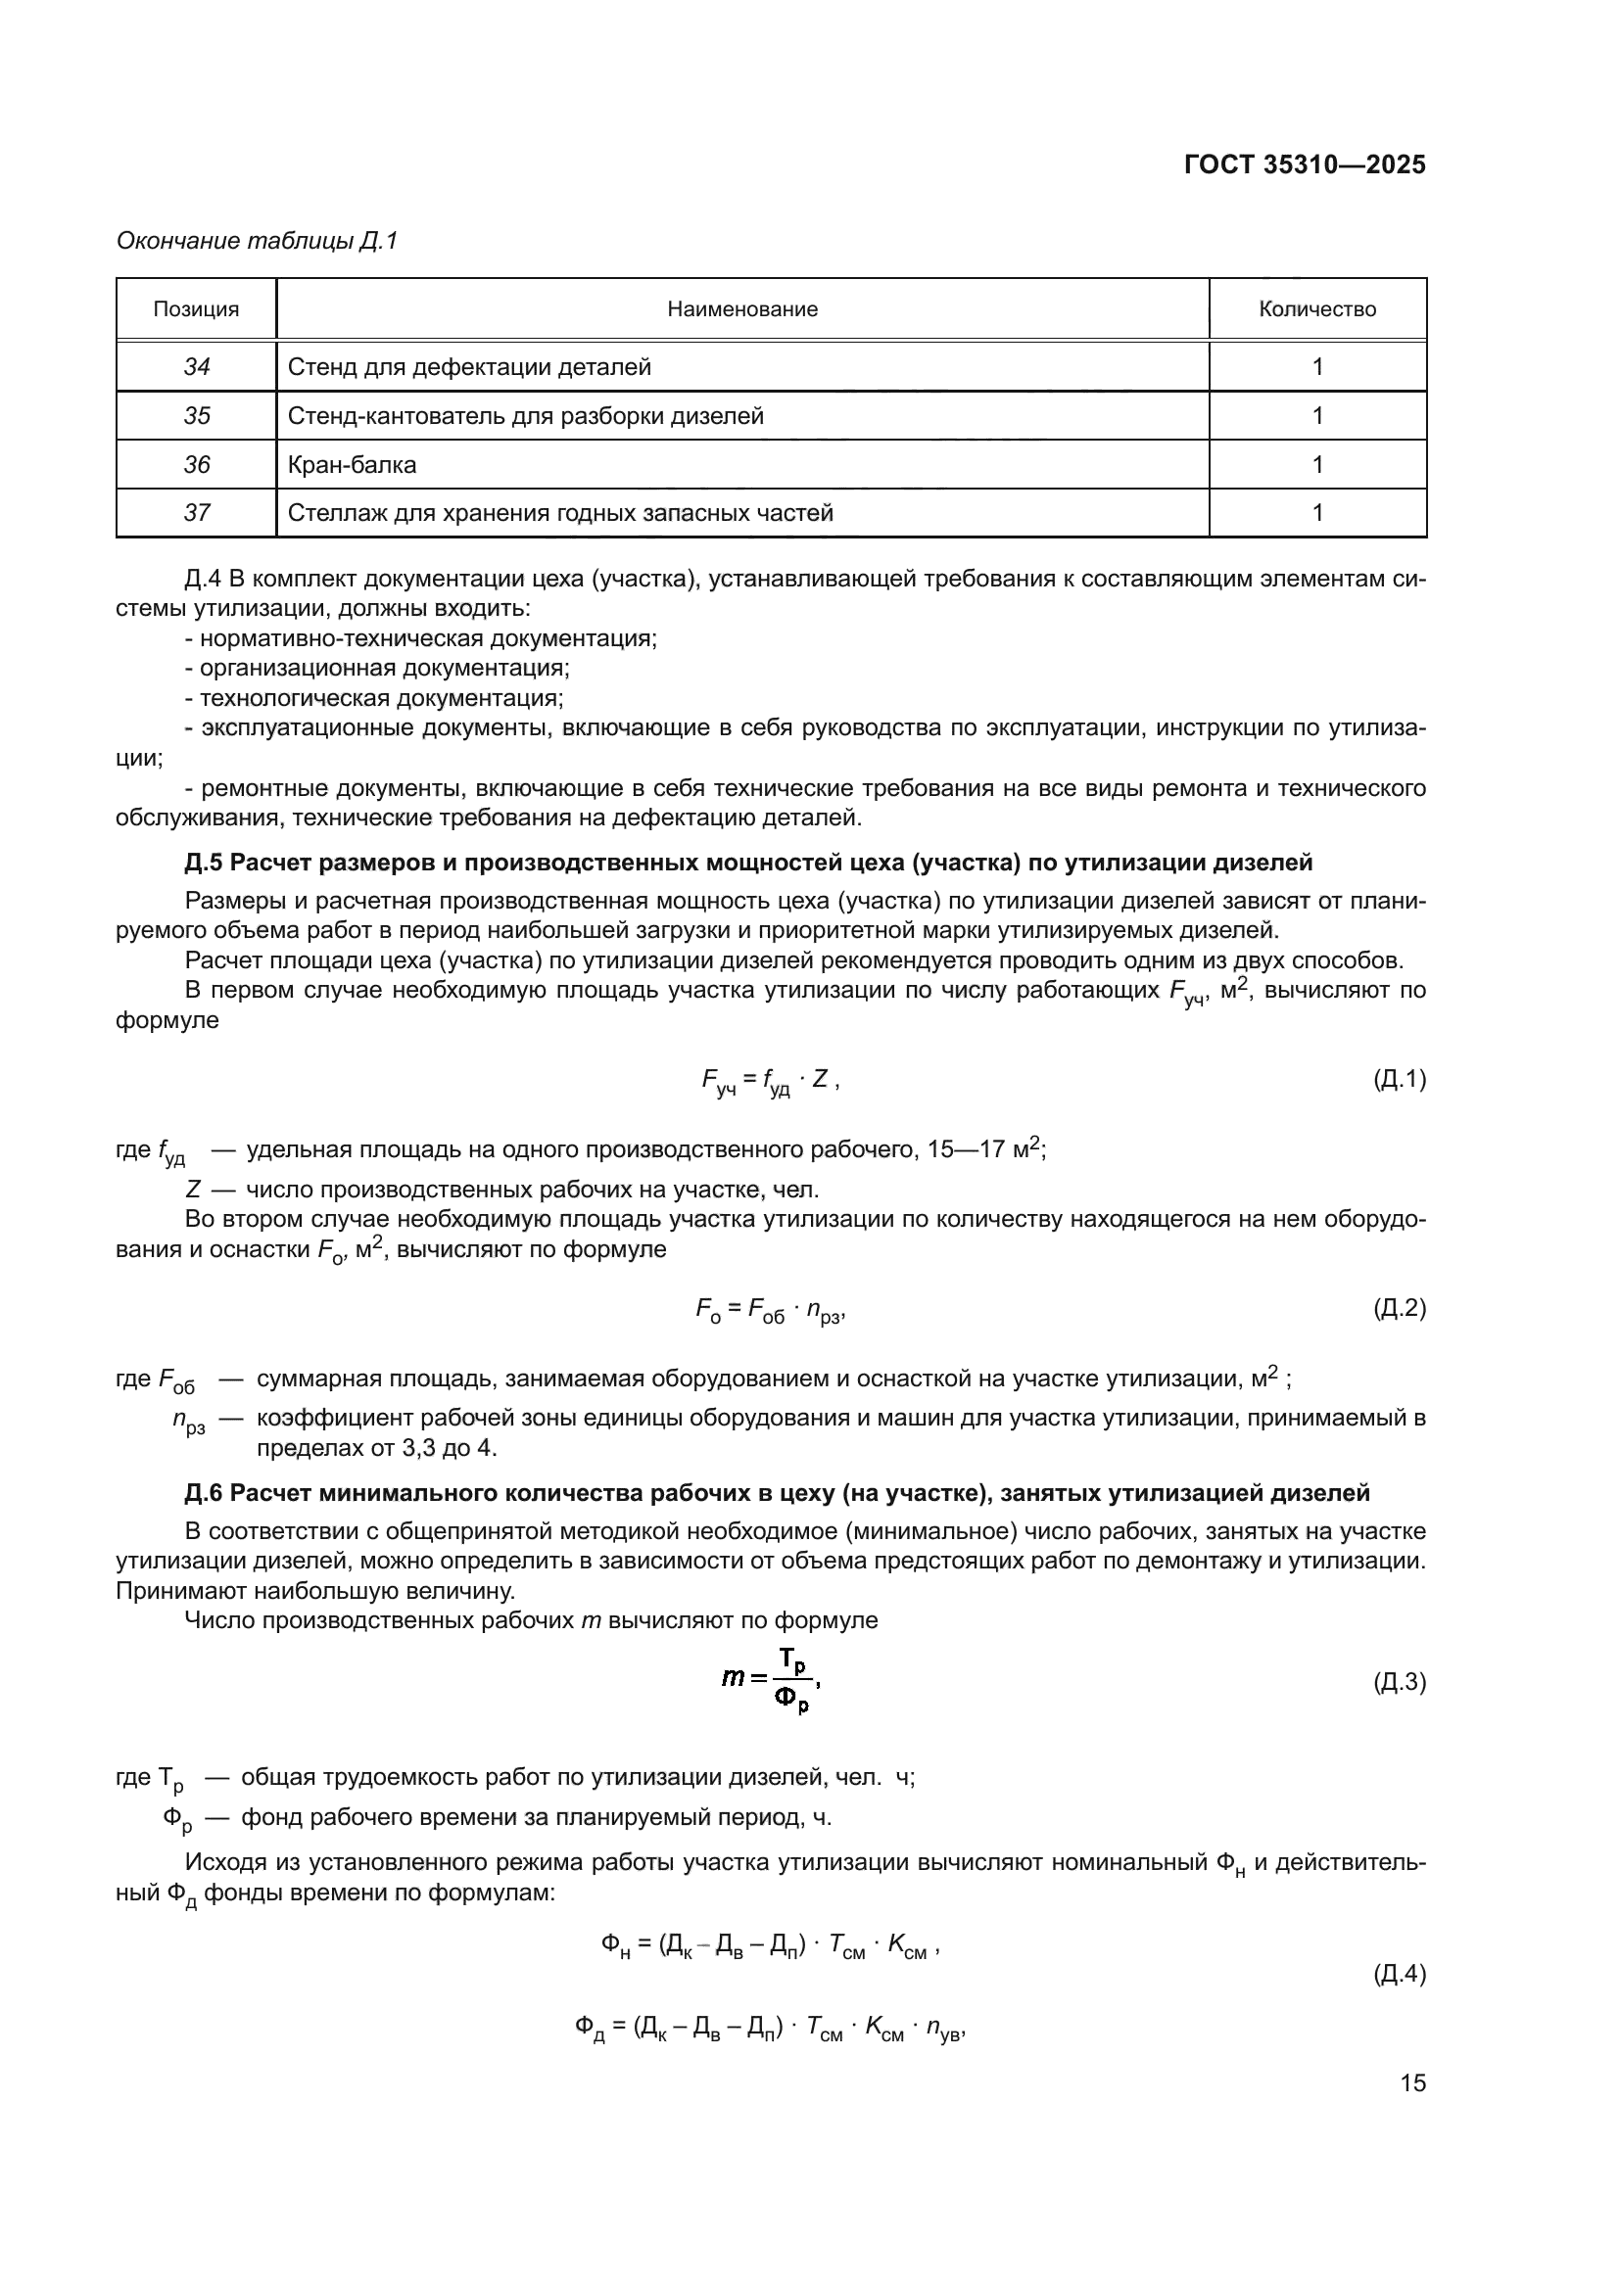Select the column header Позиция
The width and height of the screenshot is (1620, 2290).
point(196,309)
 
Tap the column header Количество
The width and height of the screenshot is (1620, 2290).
point(1316,309)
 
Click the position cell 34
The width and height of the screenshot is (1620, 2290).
point(197,367)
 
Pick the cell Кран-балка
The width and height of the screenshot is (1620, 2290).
point(353,465)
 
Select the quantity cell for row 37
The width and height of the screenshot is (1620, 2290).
point(1316,513)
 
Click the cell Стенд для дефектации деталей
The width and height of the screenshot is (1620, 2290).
point(469,367)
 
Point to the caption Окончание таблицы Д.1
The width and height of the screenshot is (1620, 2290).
point(258,241)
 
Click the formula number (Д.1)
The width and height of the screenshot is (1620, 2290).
point(1399,1078)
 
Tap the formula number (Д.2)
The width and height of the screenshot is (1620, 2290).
point(1399,1308)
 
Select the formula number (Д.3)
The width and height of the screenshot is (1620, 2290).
point(1399,1683)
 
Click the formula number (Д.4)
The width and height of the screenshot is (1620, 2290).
point(1399,1973)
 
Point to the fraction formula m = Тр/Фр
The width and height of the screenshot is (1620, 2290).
point(770,1681)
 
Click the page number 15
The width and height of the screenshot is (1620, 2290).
point(1412,2082)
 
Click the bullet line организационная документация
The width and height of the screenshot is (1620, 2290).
point(377,669)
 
